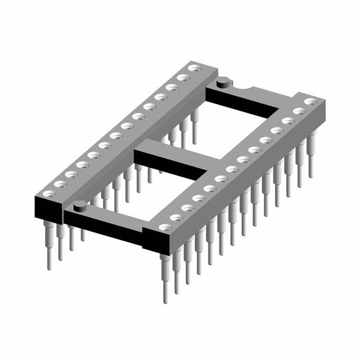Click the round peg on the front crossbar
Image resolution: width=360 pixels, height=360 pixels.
click(x=80, y=205)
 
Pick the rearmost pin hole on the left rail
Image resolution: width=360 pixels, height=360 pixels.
click(x=194, y=69)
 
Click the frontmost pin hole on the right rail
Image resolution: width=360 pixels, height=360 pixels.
click(x=163, y=228)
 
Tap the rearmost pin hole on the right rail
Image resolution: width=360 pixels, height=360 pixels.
click(x=309, y=102)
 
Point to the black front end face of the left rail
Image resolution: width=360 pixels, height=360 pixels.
click(x=48, y=208)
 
